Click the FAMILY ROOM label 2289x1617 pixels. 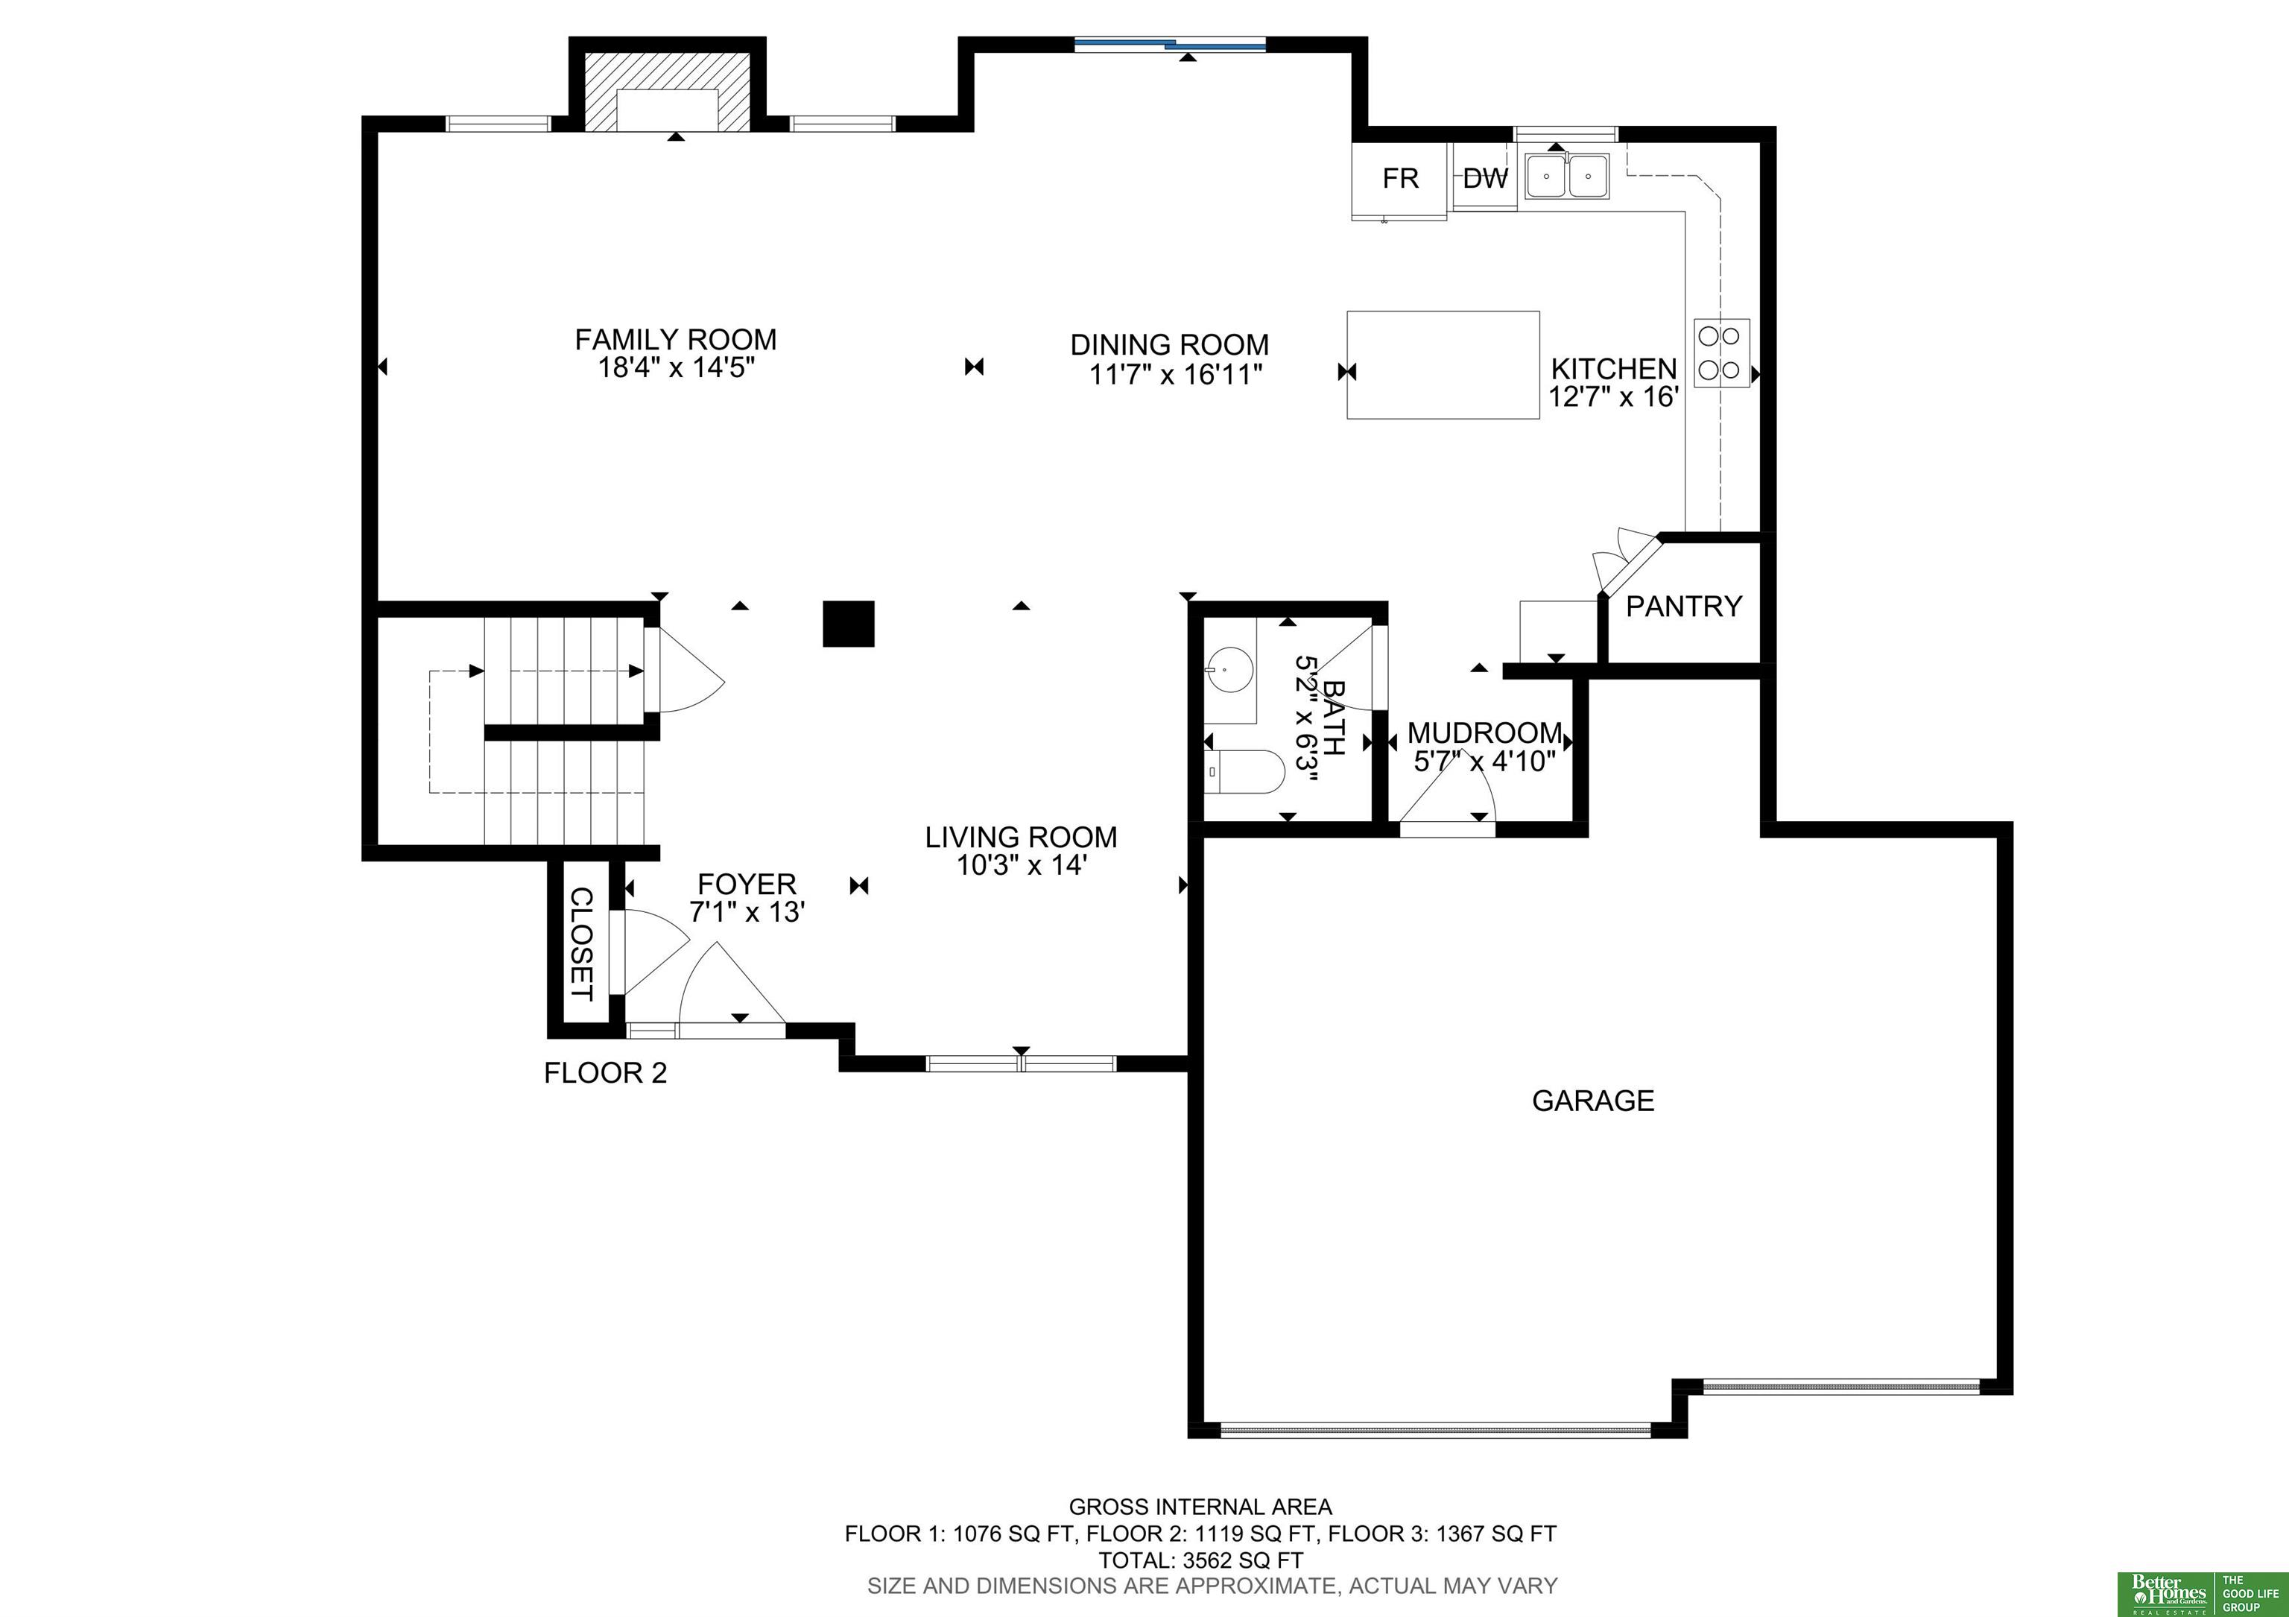tap(675, 340)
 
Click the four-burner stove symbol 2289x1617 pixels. tap(1720, 353)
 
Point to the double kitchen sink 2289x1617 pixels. tap(1566, 177)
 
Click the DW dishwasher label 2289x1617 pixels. tap(1486, 178)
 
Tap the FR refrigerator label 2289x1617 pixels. tap(1400, 178)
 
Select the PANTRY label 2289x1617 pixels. tap(1684, 606)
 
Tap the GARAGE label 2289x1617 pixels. tap(1593, 1101)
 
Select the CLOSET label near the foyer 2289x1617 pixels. tap(580, 944)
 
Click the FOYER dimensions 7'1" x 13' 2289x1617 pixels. tap(747, 912)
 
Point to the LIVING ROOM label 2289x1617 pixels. tap(1021, 838)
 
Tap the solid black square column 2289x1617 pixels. tap(849, 623)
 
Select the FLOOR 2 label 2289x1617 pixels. tap(605, 1074)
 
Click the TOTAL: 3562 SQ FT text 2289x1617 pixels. tap(1200, 1560)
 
